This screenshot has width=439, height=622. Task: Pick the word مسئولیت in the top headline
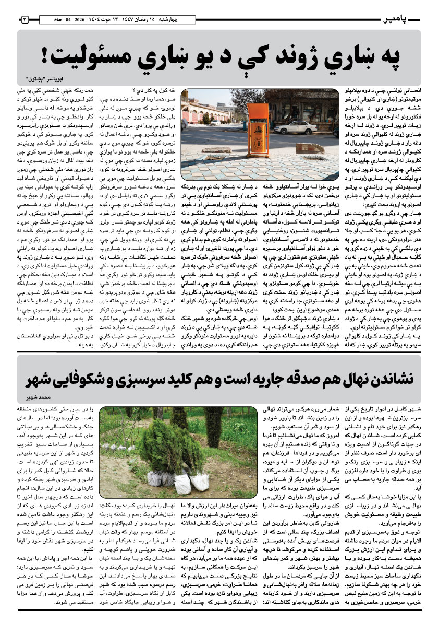click(x=89, y=54)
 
